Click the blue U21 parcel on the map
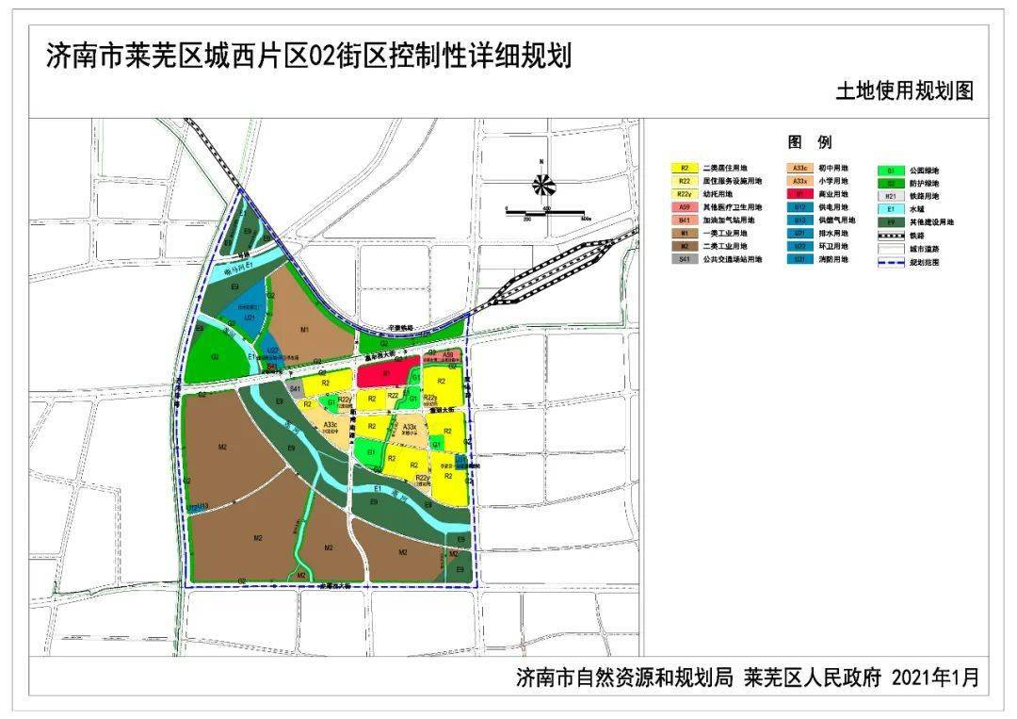[250, 318]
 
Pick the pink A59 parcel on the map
[447, 356]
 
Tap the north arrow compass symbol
[542, 185]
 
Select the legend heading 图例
[810, 142]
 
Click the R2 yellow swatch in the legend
[686, 169]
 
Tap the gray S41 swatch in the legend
[686, 258]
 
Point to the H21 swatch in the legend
[890, 196]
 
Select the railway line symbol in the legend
[890, 236]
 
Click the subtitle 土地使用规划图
[903, 91]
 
